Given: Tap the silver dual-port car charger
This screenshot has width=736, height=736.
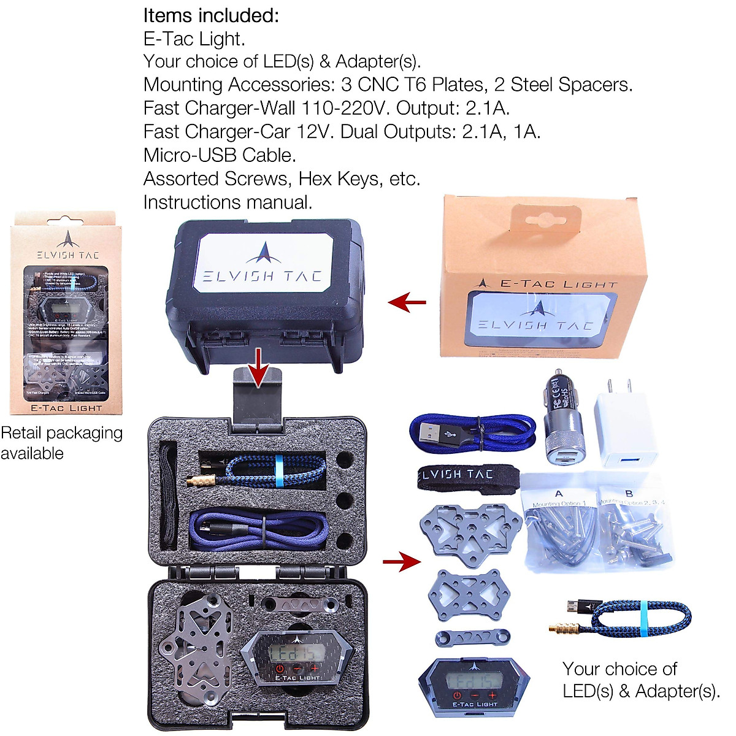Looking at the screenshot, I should pos(563,420).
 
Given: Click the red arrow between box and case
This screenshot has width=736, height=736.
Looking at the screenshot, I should pos(407,301).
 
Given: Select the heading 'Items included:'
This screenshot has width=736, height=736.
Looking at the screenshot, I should pos(211,15).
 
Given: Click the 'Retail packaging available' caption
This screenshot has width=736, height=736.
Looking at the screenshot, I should pos(61,443).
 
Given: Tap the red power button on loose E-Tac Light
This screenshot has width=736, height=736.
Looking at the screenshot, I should pos(456,696).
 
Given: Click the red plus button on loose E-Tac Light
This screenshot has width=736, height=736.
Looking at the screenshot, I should pos(492,696).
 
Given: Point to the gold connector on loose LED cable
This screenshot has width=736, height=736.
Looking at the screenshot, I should pos(565,627).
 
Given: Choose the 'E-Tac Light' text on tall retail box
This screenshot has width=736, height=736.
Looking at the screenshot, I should pos(66,408).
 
